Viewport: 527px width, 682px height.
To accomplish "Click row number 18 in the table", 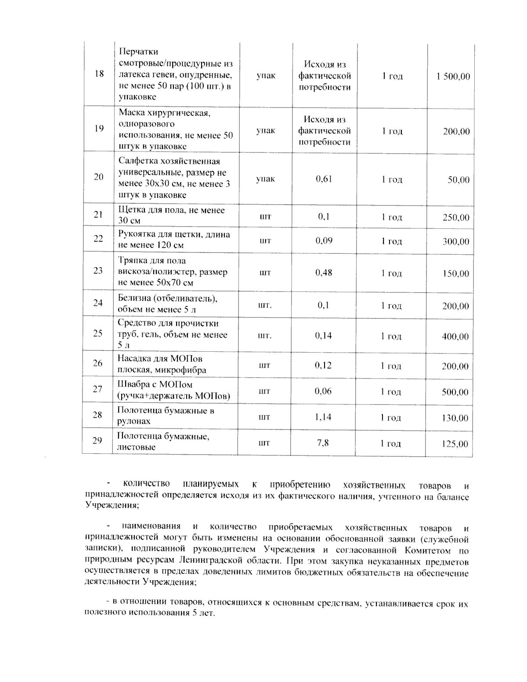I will [x=99, y=74].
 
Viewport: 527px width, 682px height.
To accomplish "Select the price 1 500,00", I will [x=453, y=76].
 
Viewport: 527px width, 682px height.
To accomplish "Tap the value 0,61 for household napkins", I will [x=324, y=179].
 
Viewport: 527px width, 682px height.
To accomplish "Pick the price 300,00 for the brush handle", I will [x=455, y=242].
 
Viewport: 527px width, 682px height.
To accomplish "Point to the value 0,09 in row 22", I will [x=324, y=240].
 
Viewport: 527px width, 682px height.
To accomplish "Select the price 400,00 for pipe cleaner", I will [x=455, y=337].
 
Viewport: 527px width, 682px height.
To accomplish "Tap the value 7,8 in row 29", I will [x=323, y=443].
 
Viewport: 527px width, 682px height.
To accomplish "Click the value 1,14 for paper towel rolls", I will [x=323, y=417].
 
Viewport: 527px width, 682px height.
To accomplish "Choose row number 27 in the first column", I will [x=97, y=389].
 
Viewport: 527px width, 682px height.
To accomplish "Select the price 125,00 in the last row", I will [x=455, y=444].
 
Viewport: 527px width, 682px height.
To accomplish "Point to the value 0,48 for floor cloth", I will [x=324, y=273].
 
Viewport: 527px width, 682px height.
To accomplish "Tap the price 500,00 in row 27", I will [x=455, y=392].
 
